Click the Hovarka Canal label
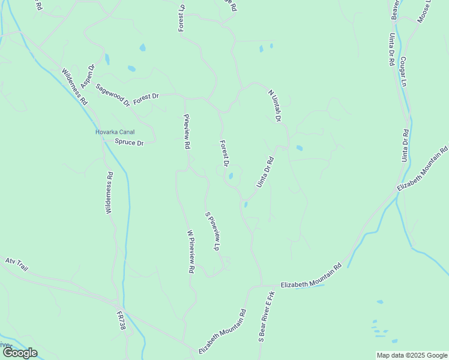pyautogui.click(x=115, y=132)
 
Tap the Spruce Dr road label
pyautogui.click(x=129, y=143)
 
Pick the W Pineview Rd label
pyautogui.click(x=190, y=252)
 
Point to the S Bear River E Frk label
pyautogui.click(x=267, y=317)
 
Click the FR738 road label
pyautogui.click(x=121, y=320)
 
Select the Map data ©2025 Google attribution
pyautogui.click(x=412, y=355)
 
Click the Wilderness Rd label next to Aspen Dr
pyautogui.click(x=74, y=86)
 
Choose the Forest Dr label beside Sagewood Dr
pyautogui.click(x=146, y=98)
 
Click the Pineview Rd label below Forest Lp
pyautogui.click(x=187, y=131)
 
